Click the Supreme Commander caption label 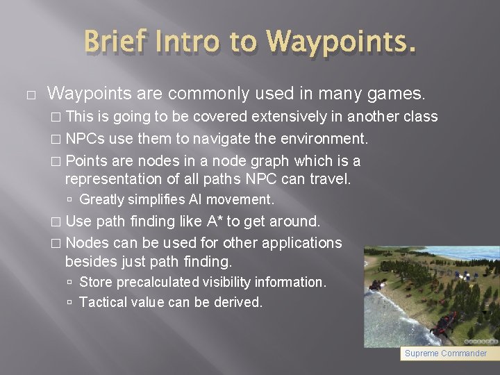(446, 353)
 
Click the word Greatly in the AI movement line (101, 200)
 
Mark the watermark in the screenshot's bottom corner (481, 341)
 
